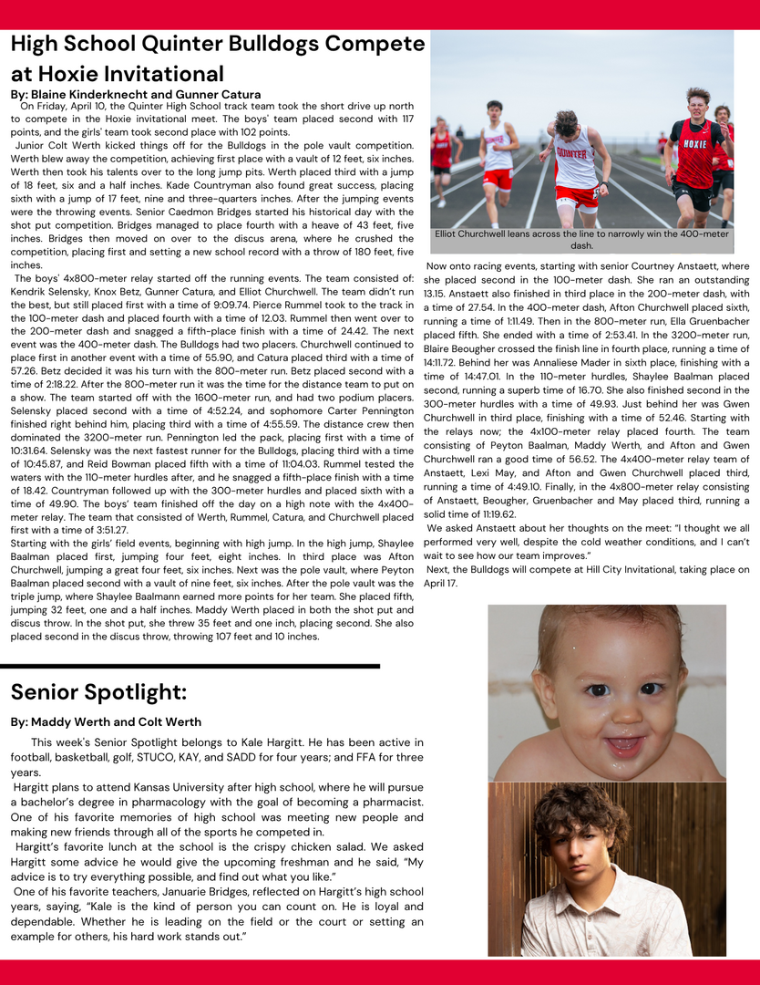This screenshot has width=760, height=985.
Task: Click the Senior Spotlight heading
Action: click(x=98, y=692)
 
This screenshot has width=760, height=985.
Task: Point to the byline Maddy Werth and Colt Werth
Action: click(x=106, y=721)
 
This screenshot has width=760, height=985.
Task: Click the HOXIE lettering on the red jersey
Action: click(x=694, y=144)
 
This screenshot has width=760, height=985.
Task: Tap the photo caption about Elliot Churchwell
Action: click(x=581, y=239)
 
